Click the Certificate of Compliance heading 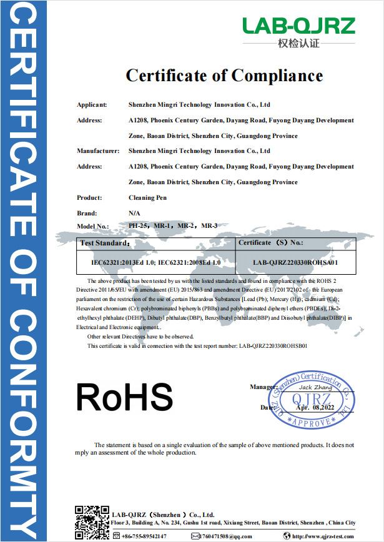tap(224, 76)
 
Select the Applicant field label tap(92, 105)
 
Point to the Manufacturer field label tap(97, 151)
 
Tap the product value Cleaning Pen tap(148, 197)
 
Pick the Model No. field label tap(93, 225)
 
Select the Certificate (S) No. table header tap(271, 242)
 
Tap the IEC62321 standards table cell tap(157, 263)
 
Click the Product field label tap(89, 197)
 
